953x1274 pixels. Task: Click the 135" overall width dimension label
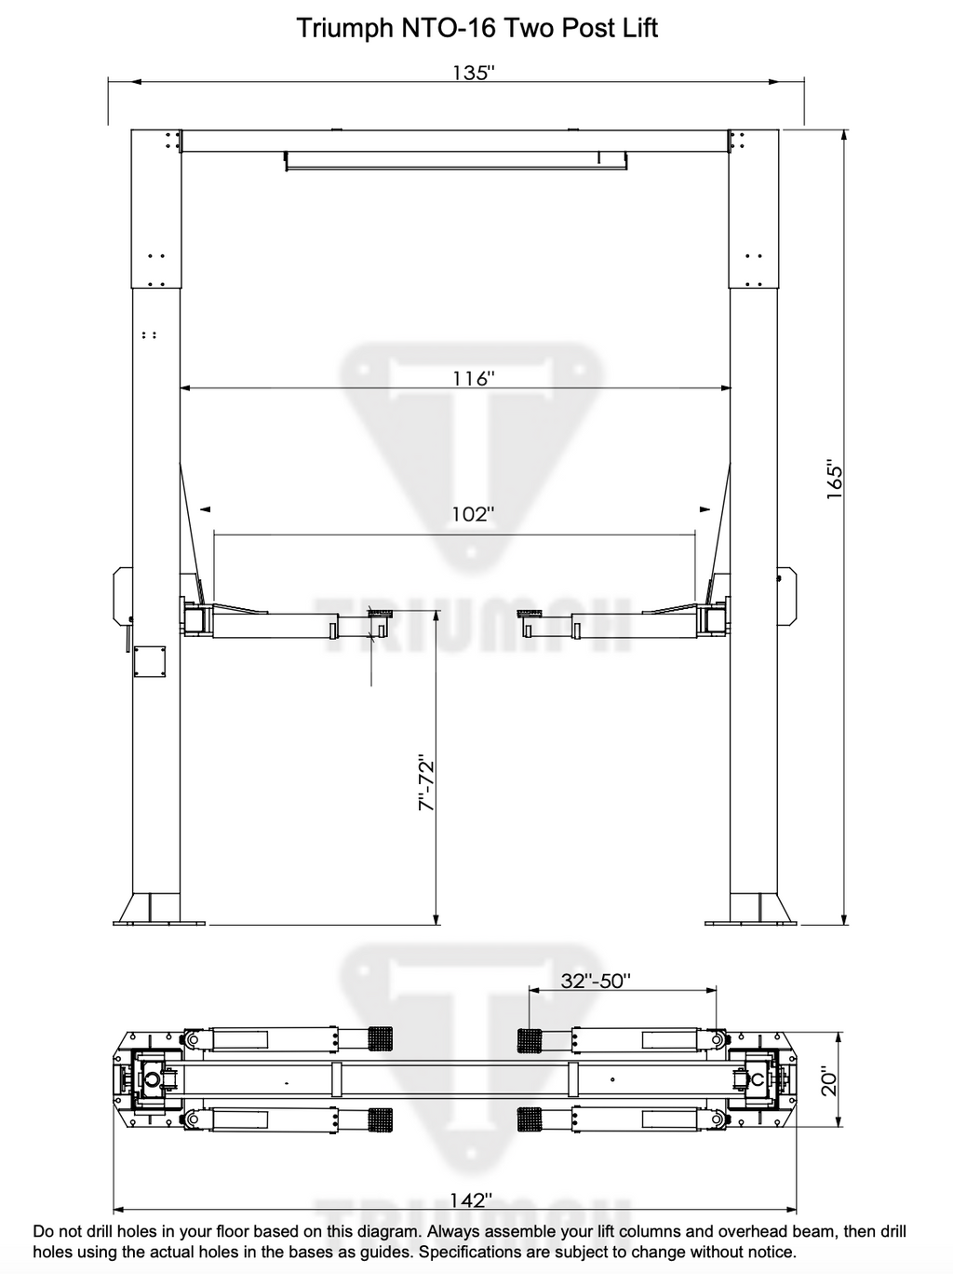click(x=474, y=73)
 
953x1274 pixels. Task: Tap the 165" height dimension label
click(x=834, y=481)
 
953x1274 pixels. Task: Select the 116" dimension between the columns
click(x=474, y=378)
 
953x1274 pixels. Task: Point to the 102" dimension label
click(x=474, y=514)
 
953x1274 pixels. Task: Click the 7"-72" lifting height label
click(x=426, y=782)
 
